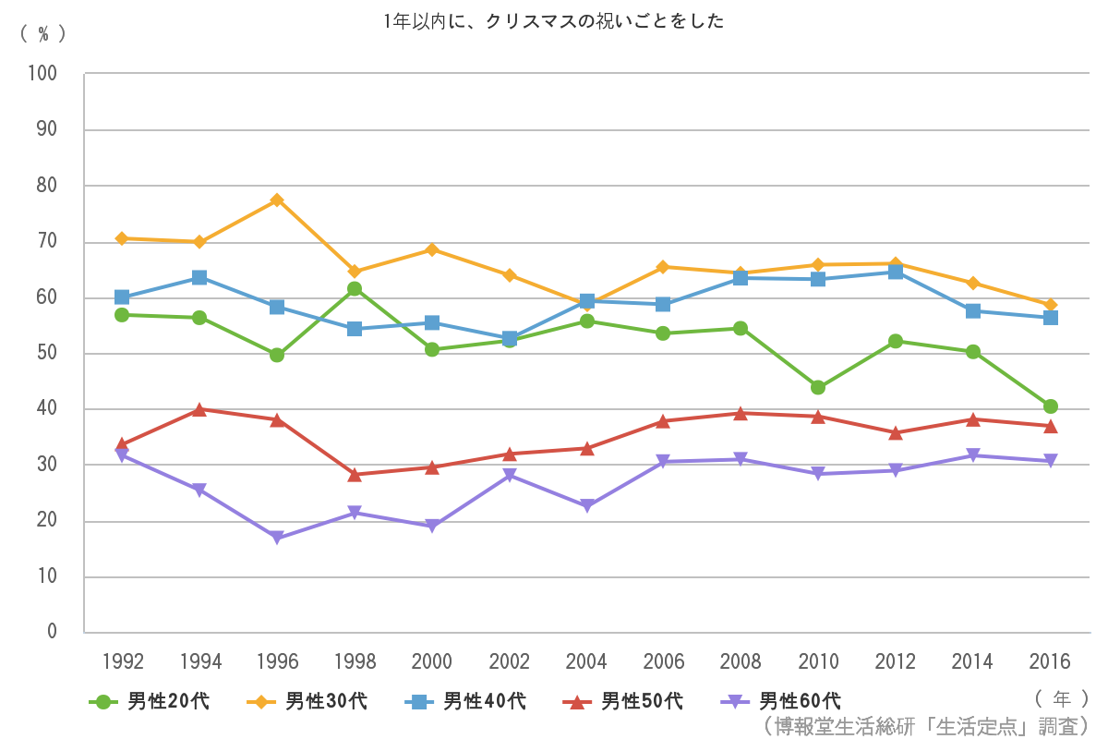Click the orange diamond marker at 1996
(276, 200)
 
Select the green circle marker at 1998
(354, 289)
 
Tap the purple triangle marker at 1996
(276, 538)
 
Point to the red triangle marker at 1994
(199, 409)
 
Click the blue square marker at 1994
(199, 277)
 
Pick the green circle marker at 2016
(1050, 406)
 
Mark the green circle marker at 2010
(818, 388)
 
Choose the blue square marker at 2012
(895, 272)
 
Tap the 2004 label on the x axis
(586, 661)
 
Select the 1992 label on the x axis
(122, 661)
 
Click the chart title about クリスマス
(554, 21)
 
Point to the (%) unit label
(42, 33)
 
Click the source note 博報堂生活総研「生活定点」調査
(927, 725)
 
